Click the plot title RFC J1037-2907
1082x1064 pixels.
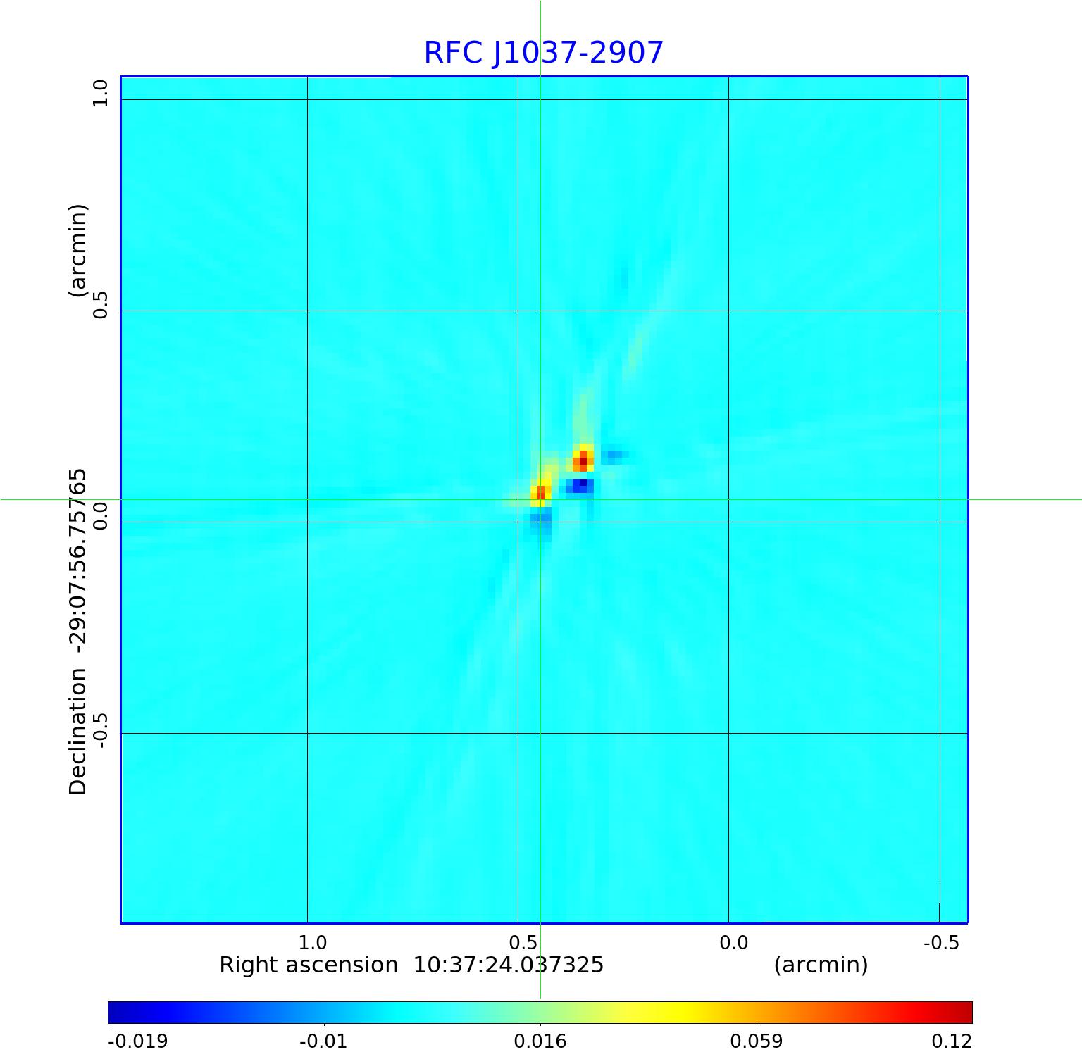(543, 53)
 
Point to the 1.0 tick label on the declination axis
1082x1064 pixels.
(101, 93)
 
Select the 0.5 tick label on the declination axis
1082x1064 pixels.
(101, 304)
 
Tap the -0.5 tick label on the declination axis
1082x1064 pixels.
(101, 730)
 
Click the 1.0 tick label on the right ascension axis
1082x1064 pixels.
(312, 943)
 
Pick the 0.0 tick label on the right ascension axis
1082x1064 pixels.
(733, 943)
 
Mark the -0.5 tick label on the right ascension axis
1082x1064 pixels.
(941, 943)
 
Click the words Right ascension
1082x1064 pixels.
(309, 965)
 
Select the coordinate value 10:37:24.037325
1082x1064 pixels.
(508, 965)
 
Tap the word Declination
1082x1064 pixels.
(77, 732)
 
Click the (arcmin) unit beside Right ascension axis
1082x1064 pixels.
(821, 965)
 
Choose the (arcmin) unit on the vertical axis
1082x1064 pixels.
(77, 250)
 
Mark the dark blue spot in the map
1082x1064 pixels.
(582, 484)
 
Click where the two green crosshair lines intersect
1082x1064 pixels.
(540, 499)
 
